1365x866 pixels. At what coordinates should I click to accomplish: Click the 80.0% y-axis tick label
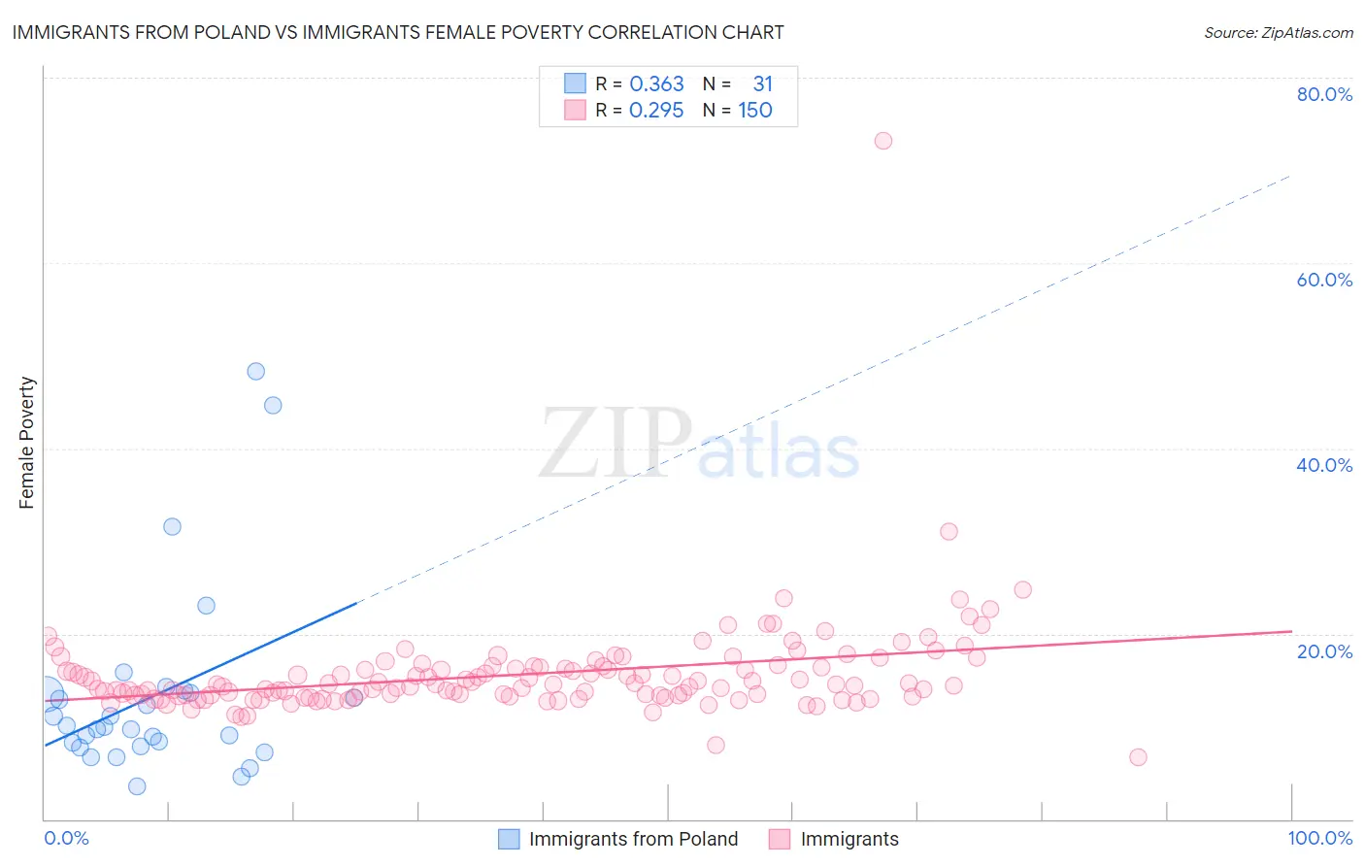[x=1324, y=94]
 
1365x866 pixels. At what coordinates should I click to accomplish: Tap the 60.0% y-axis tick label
[x=1324, y=280]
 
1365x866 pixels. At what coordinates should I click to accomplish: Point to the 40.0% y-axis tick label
[x=1324, y=465]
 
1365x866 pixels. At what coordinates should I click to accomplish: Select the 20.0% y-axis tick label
[x=1324, y=650]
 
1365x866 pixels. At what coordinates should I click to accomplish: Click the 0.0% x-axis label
[x=66, y=838]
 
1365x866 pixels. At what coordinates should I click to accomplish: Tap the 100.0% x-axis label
[x=1319, y=838]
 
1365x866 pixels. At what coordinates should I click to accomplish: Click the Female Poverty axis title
[x=27, y=443]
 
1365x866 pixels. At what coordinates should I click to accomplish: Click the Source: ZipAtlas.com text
[x=1278, y=32]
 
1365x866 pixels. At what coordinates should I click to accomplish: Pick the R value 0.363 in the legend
[x=656, y=84]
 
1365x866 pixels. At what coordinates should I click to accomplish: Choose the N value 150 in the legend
[x=754, y=111]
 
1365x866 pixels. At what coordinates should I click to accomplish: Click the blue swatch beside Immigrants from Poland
[x=509, y=839]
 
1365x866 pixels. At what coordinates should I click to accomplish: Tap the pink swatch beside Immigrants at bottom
[x=780, y=839]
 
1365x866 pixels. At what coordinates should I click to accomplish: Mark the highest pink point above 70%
[x=882, y=141]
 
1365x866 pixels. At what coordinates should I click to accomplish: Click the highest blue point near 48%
[x=255, y=371]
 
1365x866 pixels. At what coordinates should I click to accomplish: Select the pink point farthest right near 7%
[x=1138, y=757]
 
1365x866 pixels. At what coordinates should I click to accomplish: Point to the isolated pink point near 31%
[x=949, y=531]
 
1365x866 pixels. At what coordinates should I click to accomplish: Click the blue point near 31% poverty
[x=172, y=526]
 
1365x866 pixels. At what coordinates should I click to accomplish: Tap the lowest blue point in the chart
[x=137, y=786]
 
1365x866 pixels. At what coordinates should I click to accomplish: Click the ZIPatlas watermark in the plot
[x=699, y=444]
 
